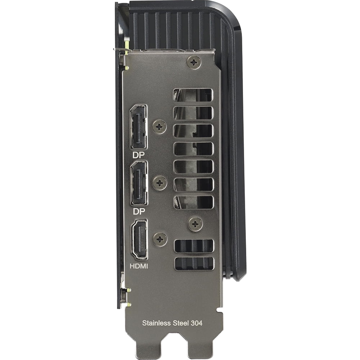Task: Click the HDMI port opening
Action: pyautogui.click(x=139, y=239)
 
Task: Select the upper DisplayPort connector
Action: pyautogui.click(x=139, y=127)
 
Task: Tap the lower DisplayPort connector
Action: pyautogui.click(x=139, y=183)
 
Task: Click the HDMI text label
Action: pyautogui.click(x=139, y=266)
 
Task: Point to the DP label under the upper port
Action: pyautogui.click(x=139, y=155)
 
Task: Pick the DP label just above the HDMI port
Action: pyautogui.click(x=139, y=211)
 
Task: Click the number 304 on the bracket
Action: pyautogui.click(x=197, y=323)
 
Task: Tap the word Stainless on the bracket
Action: pyautogui.click(x=157, y=323)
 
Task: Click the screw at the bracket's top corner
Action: pyautogui.click(x=194, y=62)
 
